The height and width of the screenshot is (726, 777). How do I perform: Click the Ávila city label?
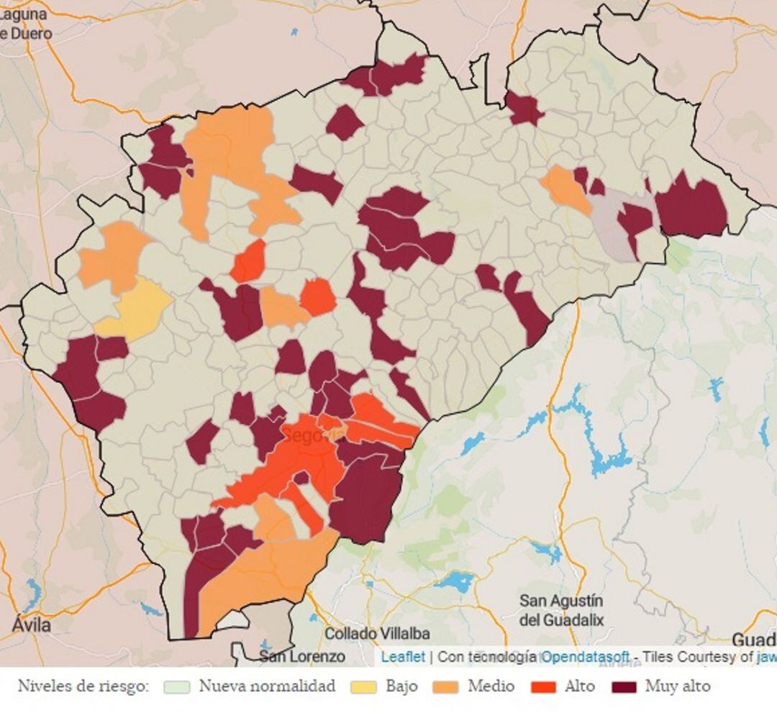point(31,625)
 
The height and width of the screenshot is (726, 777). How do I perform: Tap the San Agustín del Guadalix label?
point(562,609)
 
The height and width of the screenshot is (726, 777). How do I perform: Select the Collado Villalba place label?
point(377,634)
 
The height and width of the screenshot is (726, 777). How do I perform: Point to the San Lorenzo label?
point(301,656)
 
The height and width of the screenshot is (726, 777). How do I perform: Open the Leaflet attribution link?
point(403,656)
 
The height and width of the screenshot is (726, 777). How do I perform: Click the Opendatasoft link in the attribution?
point(585,656)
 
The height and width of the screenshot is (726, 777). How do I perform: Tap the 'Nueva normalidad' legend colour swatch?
point(177,686)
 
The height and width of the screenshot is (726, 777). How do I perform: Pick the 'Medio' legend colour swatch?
point(446,686)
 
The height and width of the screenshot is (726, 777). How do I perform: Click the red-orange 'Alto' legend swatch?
point(543,686)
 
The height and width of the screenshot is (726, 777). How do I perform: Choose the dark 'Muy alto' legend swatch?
point(624,686)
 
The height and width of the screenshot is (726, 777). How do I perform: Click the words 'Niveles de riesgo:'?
point(83,686)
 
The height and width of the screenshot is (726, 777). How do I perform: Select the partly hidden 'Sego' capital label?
point(302,435)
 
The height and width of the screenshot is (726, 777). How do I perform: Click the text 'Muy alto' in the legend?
point(677,686)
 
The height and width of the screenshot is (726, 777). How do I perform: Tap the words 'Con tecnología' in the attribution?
point(487,656)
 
